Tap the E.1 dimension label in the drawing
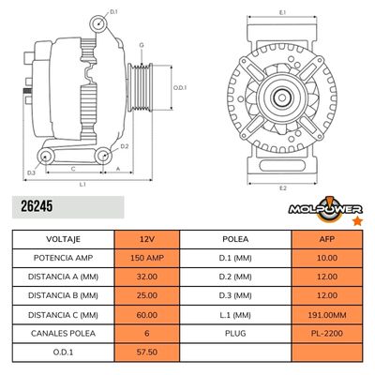[283, 11]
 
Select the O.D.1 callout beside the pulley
[181, 88]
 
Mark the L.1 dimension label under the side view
[82, 185]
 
